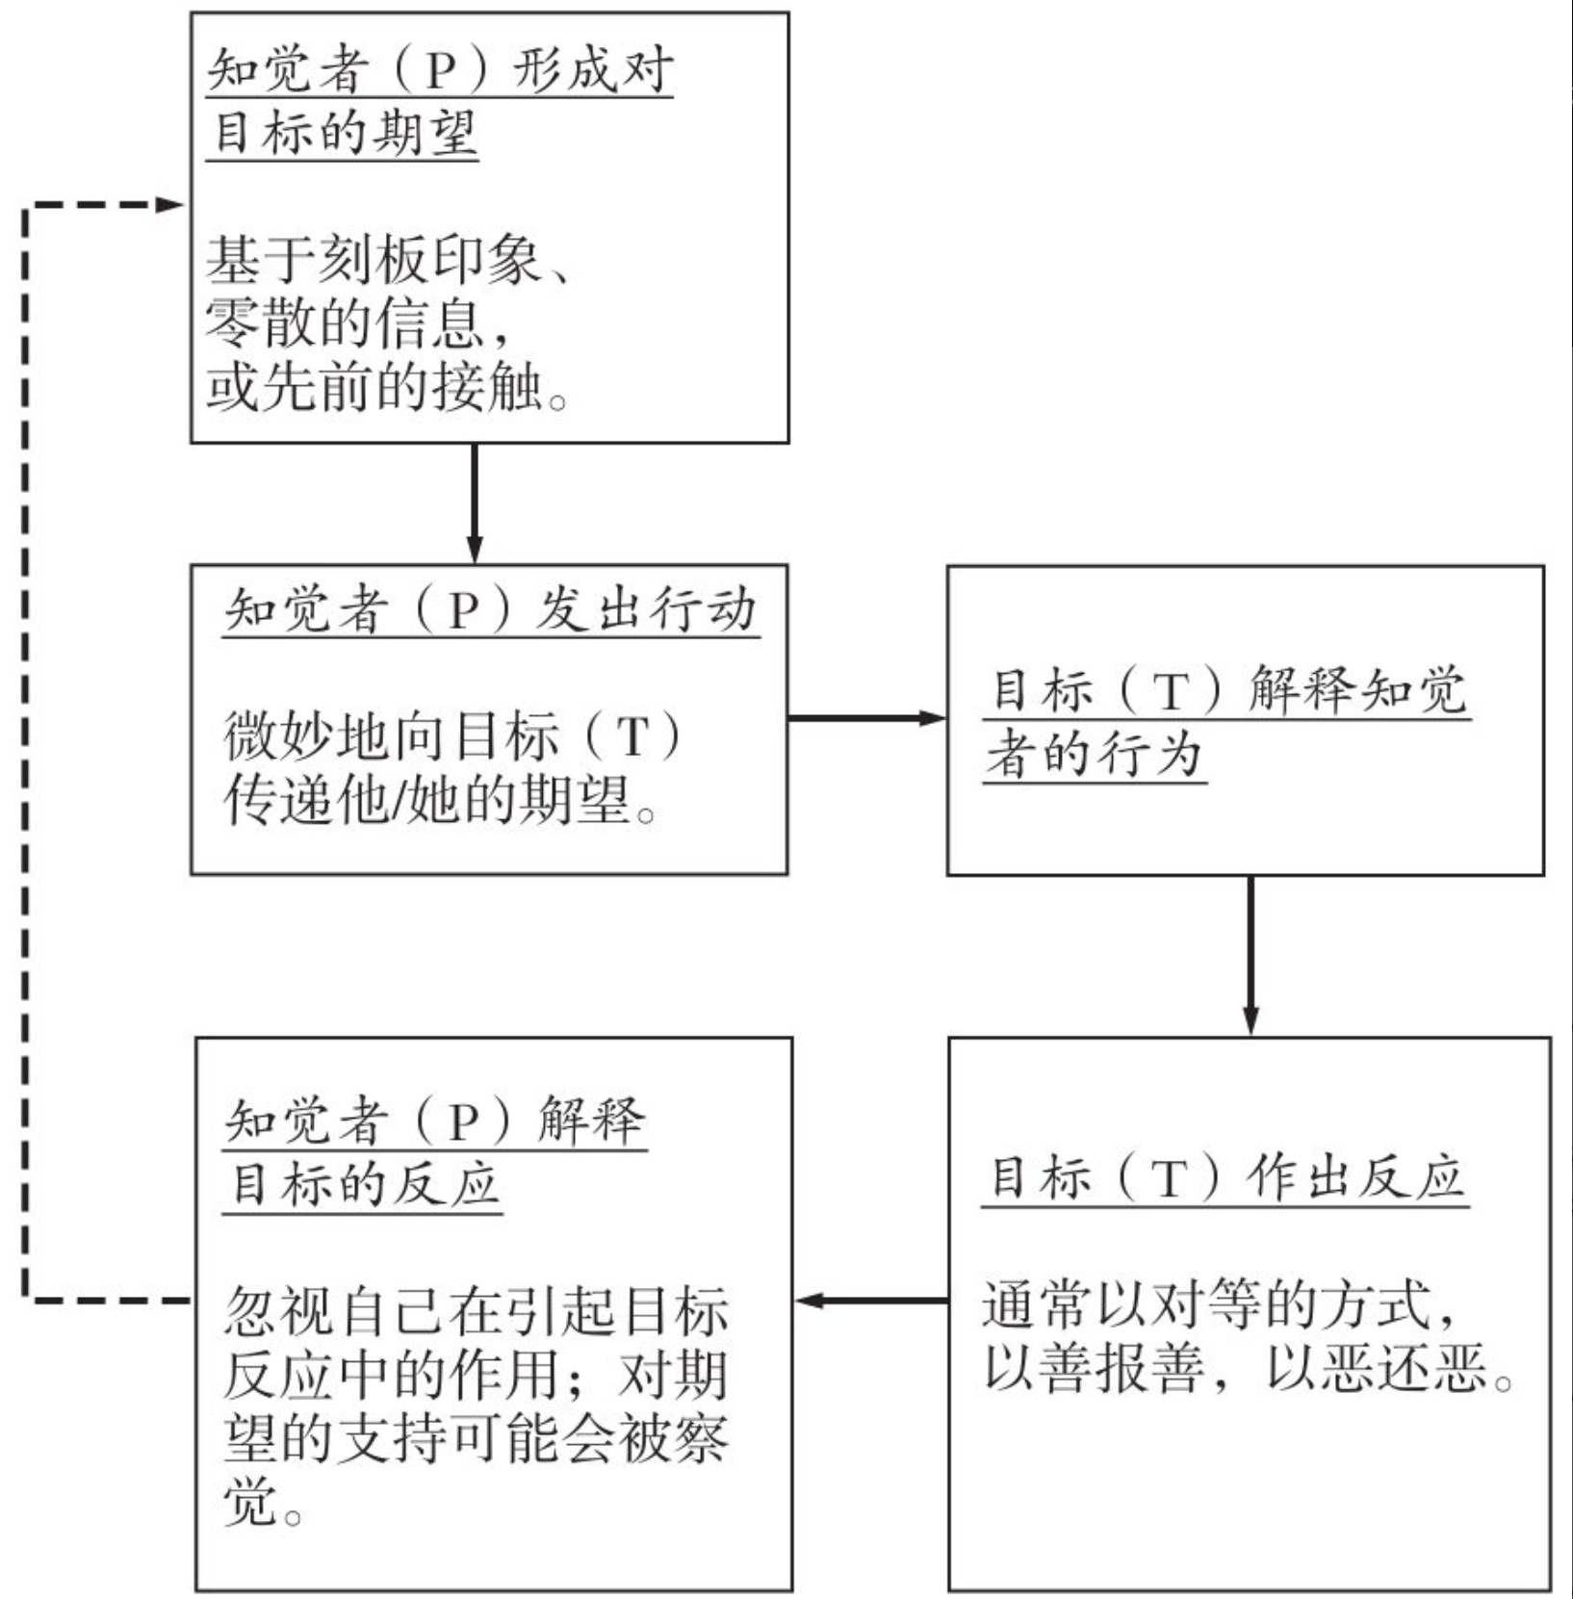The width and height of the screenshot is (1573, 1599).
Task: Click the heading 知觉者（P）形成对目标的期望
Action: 439,100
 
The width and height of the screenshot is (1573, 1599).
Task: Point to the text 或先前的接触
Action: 374,387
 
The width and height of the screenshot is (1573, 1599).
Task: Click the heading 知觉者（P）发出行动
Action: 490,610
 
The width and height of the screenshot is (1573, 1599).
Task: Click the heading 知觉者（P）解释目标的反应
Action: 433,1151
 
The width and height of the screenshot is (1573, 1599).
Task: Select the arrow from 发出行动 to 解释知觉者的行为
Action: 866,718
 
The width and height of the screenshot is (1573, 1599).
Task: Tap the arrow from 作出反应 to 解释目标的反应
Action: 870,1302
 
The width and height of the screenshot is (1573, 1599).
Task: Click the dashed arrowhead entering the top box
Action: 169,204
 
